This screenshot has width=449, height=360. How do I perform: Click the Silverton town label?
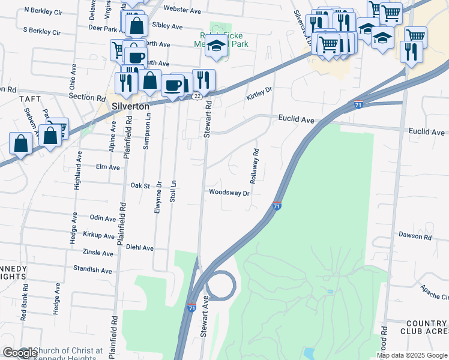(130, 105)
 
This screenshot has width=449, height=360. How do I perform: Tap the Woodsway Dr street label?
(229, 193)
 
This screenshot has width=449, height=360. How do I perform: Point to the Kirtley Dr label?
(259, 93)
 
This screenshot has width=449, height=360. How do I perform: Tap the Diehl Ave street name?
(140, 247)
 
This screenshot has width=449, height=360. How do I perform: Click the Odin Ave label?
(102, 218)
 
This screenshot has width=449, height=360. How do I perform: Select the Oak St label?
(140, 186)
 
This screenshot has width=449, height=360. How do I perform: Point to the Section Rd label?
(83, 97)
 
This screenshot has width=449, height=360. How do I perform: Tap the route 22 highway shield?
(196, 97)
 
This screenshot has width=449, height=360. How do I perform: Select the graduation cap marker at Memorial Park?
(216, 46)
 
